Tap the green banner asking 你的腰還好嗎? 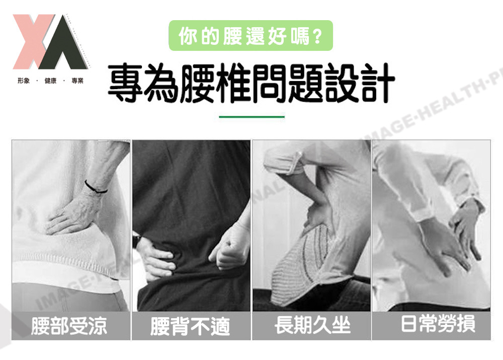[250, 35]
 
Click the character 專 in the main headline [125, 83]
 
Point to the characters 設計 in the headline [360, 83]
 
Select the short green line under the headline [251, 117]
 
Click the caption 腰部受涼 [69, 326]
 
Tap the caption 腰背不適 [190, 326]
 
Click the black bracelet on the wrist [95, 187]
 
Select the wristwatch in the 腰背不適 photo [136, 241]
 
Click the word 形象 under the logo [24, 81]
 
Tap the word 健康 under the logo [50, 81]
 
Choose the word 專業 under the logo [77, 81]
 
